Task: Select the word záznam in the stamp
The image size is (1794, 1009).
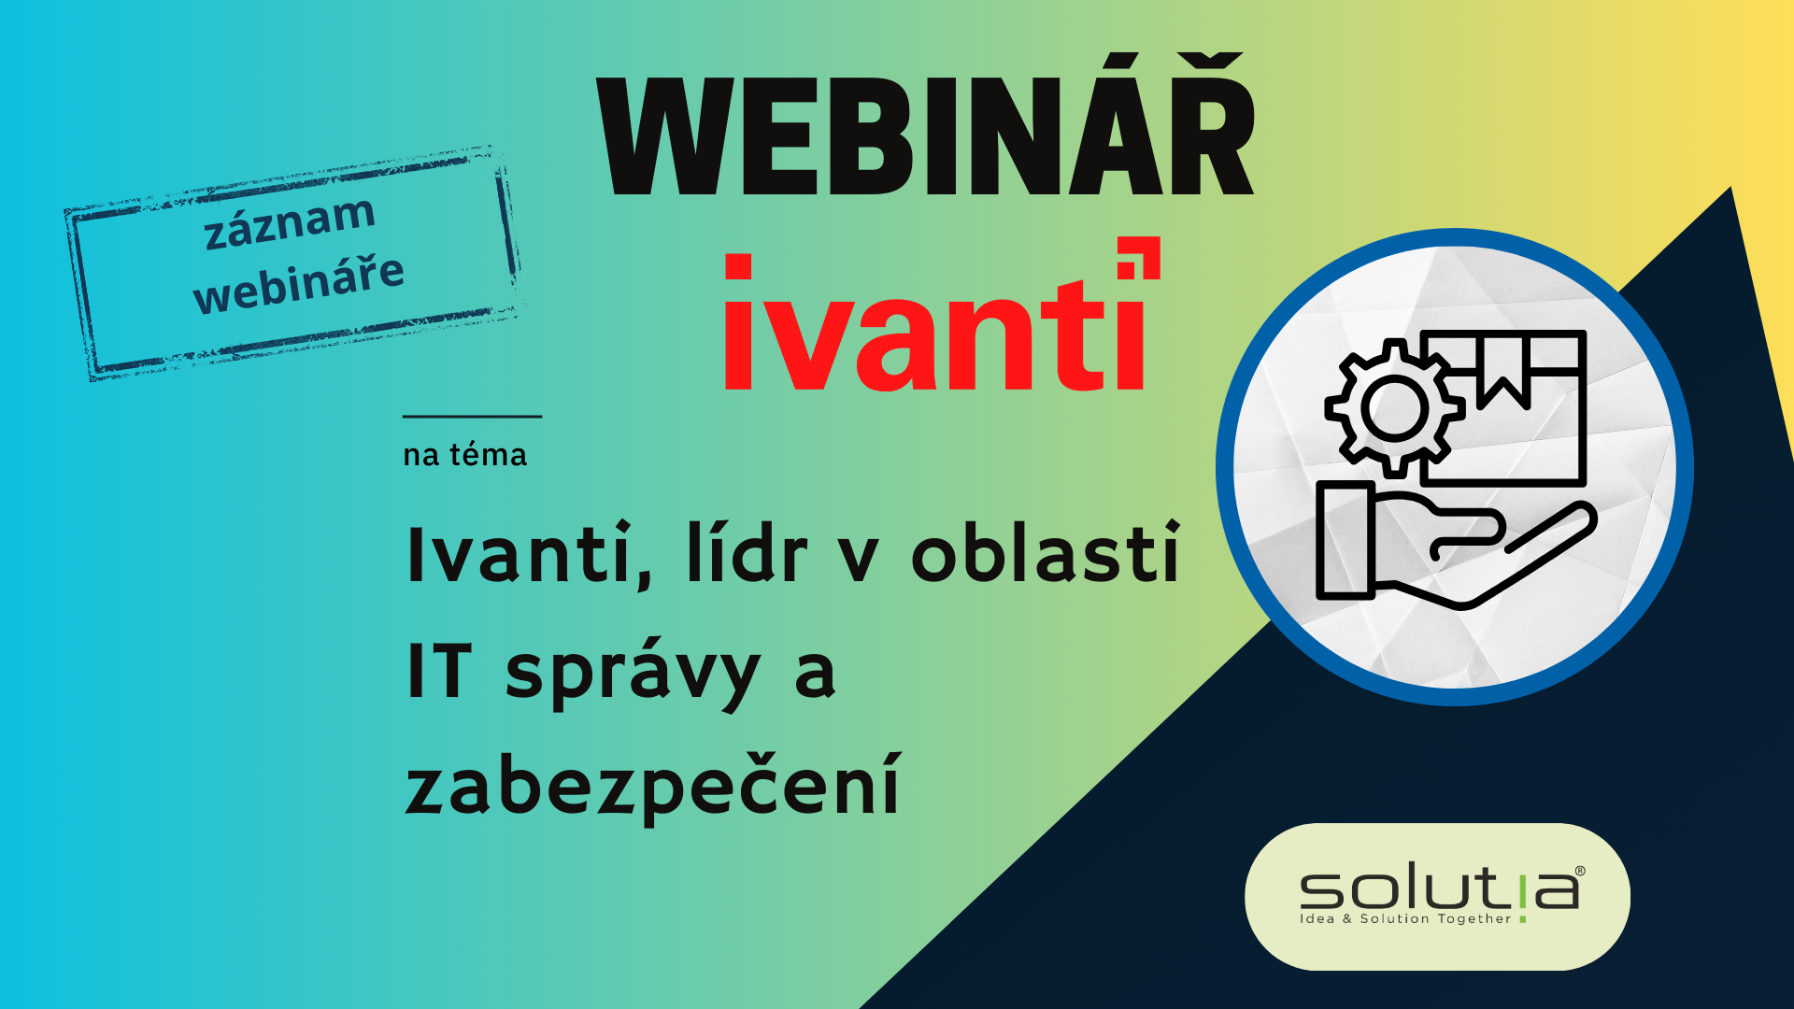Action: tap(290, 222)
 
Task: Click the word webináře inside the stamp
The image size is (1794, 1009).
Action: tap(299, 283)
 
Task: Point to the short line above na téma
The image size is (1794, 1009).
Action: tap(472, 416)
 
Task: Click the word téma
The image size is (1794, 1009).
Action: tap(488, 454)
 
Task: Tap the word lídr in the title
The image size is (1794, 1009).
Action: tap(747, 553)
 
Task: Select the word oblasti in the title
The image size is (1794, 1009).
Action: tap(1046, 552)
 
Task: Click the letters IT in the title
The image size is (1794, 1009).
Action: tap(439, 670)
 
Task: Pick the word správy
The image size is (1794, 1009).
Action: tap(634, 675)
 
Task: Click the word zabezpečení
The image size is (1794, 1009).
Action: tap(653, 788)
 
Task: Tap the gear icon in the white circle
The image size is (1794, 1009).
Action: tap(1394, 408)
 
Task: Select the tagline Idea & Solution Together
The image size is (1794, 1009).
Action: tap(1405, 918)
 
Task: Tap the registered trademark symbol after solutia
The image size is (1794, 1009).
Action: tap(1580, 871)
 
